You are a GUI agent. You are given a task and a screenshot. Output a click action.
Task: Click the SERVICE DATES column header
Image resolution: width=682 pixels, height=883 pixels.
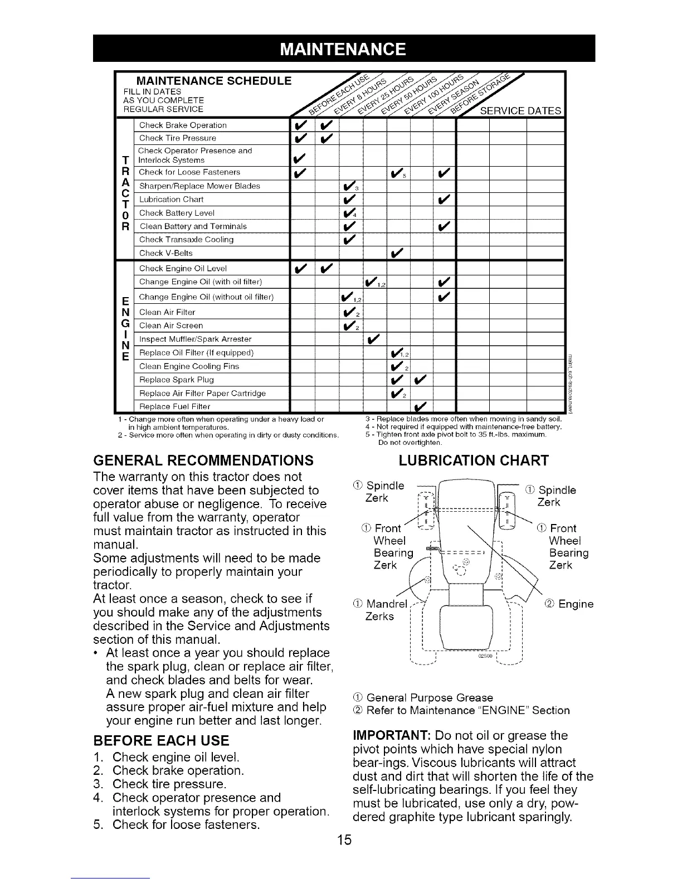click(x=520, y=110)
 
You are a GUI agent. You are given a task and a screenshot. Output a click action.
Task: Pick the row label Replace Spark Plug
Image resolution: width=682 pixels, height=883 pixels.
click(x=176, y=380)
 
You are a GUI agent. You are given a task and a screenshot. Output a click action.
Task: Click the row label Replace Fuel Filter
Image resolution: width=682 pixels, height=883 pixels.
click(x=174, y=406)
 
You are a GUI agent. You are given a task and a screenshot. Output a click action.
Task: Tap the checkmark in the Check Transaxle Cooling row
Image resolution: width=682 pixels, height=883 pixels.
click(x=350, y=240)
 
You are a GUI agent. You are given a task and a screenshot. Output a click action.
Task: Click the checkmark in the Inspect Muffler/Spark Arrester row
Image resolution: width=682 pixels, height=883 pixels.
click(x=373, y=339)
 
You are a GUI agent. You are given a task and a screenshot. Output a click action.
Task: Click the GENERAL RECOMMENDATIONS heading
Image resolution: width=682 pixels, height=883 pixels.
click(x=203, y=460)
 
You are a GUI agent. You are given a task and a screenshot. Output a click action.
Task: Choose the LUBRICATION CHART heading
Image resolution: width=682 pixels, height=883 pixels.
click(x=474, y=460)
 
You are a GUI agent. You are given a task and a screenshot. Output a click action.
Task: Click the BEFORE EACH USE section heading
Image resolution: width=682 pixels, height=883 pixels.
click(x=162, y=741)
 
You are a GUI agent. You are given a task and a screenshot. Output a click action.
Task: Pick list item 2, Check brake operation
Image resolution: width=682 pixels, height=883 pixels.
click(x=178, y=771)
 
